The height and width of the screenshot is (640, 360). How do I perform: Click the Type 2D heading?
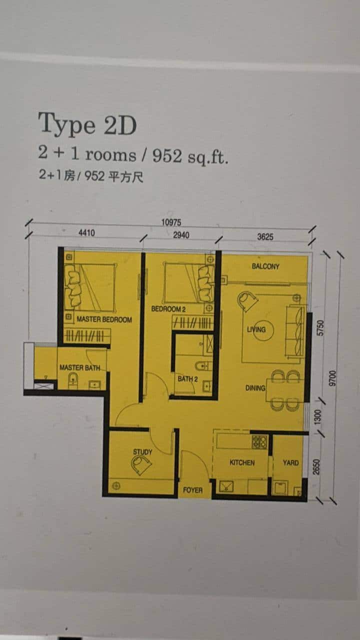(87, 124)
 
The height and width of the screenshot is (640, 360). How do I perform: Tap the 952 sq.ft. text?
(190, 156)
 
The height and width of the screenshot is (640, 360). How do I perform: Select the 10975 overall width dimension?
(171, 222)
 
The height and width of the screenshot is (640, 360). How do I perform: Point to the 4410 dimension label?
(86, 232)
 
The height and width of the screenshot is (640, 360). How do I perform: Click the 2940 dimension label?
(181, 235)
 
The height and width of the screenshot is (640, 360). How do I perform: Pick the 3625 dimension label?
(265, 236)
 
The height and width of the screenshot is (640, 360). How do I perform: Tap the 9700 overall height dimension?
(332, 378)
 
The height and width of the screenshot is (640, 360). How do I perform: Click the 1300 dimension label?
(317, 417)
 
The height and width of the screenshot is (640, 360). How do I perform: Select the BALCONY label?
(265, 266)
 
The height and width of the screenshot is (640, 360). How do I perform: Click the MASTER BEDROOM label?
(104, 319)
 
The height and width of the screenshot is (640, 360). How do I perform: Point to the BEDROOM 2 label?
(168, 309)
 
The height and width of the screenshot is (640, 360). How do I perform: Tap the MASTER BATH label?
(79, 367)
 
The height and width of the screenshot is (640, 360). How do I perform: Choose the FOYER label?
(193, 490)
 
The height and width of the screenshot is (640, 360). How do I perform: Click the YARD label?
(291, 462)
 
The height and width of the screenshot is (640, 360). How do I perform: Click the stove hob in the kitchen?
(259, 441)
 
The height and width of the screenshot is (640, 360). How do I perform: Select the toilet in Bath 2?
(203, 366)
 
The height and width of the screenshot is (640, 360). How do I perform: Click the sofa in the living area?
(294, 330)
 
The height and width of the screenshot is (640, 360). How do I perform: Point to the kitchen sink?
(226, 486)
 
